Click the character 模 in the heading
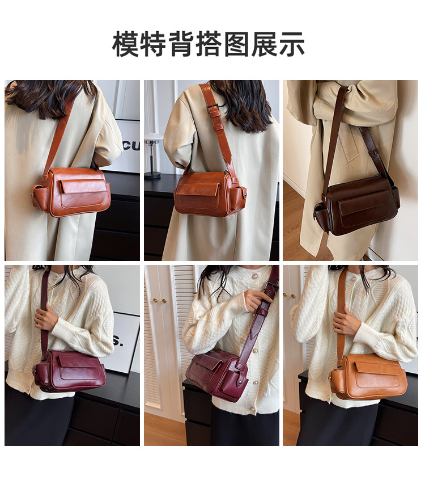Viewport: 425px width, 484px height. (x=125, y=44)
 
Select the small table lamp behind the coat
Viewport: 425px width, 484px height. (x=152, y=153)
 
